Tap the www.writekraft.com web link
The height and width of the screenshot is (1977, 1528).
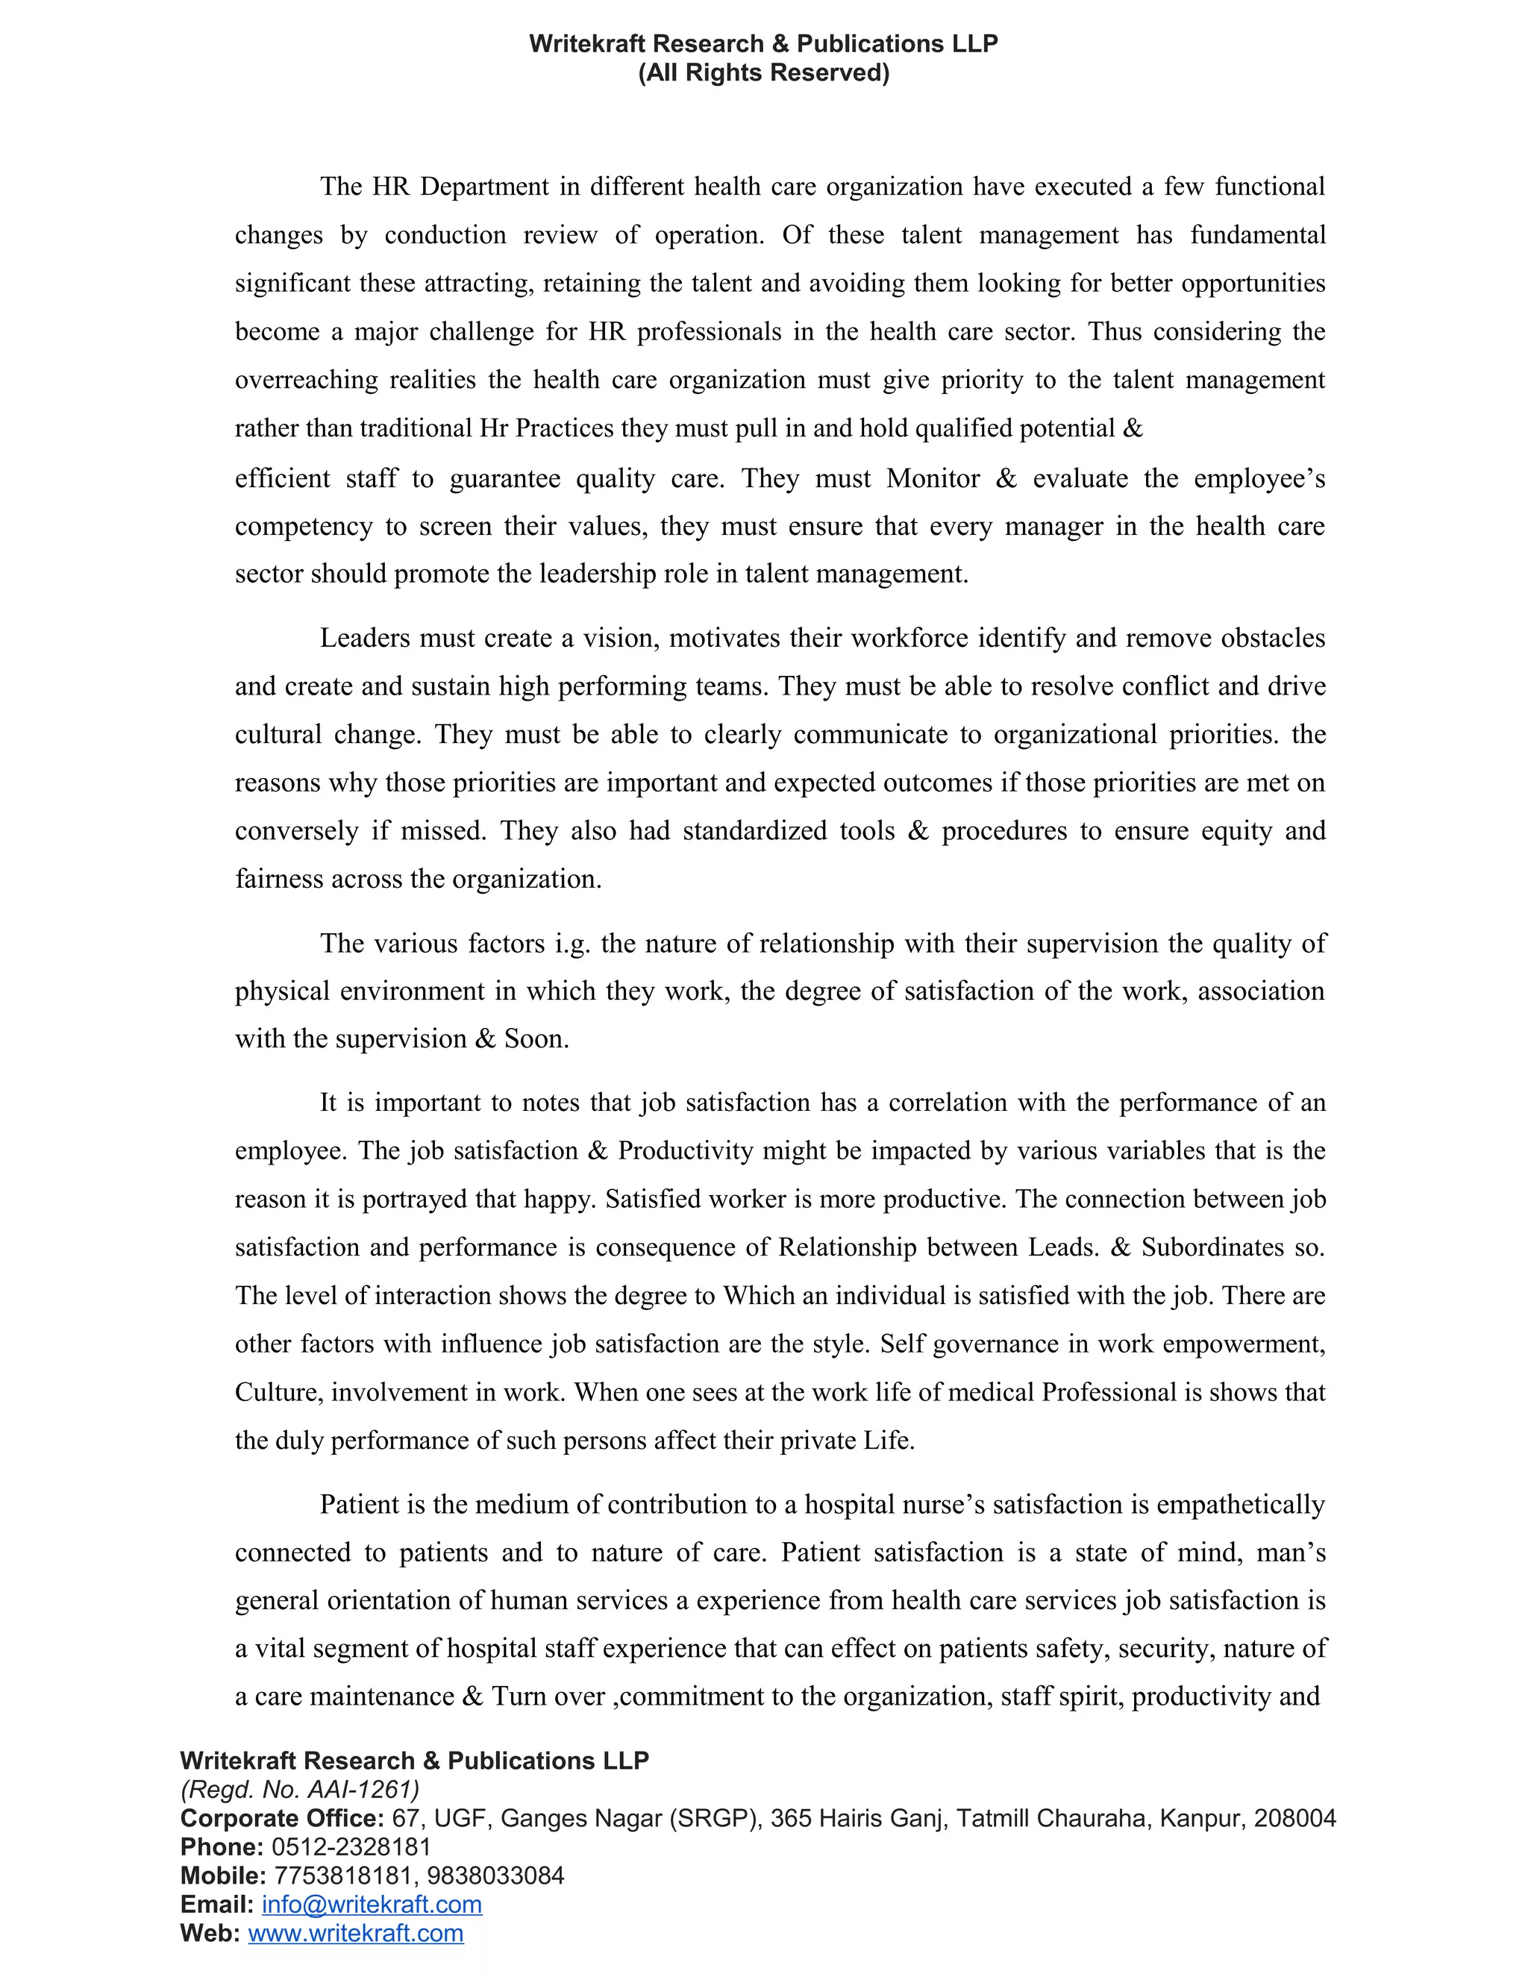356,1934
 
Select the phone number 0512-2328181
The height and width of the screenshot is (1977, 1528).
351,1846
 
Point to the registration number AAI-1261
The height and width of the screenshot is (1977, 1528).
361,1790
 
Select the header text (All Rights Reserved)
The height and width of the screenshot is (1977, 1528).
763,72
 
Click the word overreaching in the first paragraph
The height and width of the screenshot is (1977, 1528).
306,380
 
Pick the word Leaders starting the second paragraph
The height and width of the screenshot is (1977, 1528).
364,638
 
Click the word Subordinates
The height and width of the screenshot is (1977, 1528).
1211,1247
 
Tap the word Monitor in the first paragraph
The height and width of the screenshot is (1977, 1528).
933,479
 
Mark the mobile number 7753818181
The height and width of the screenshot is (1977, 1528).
342,1876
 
